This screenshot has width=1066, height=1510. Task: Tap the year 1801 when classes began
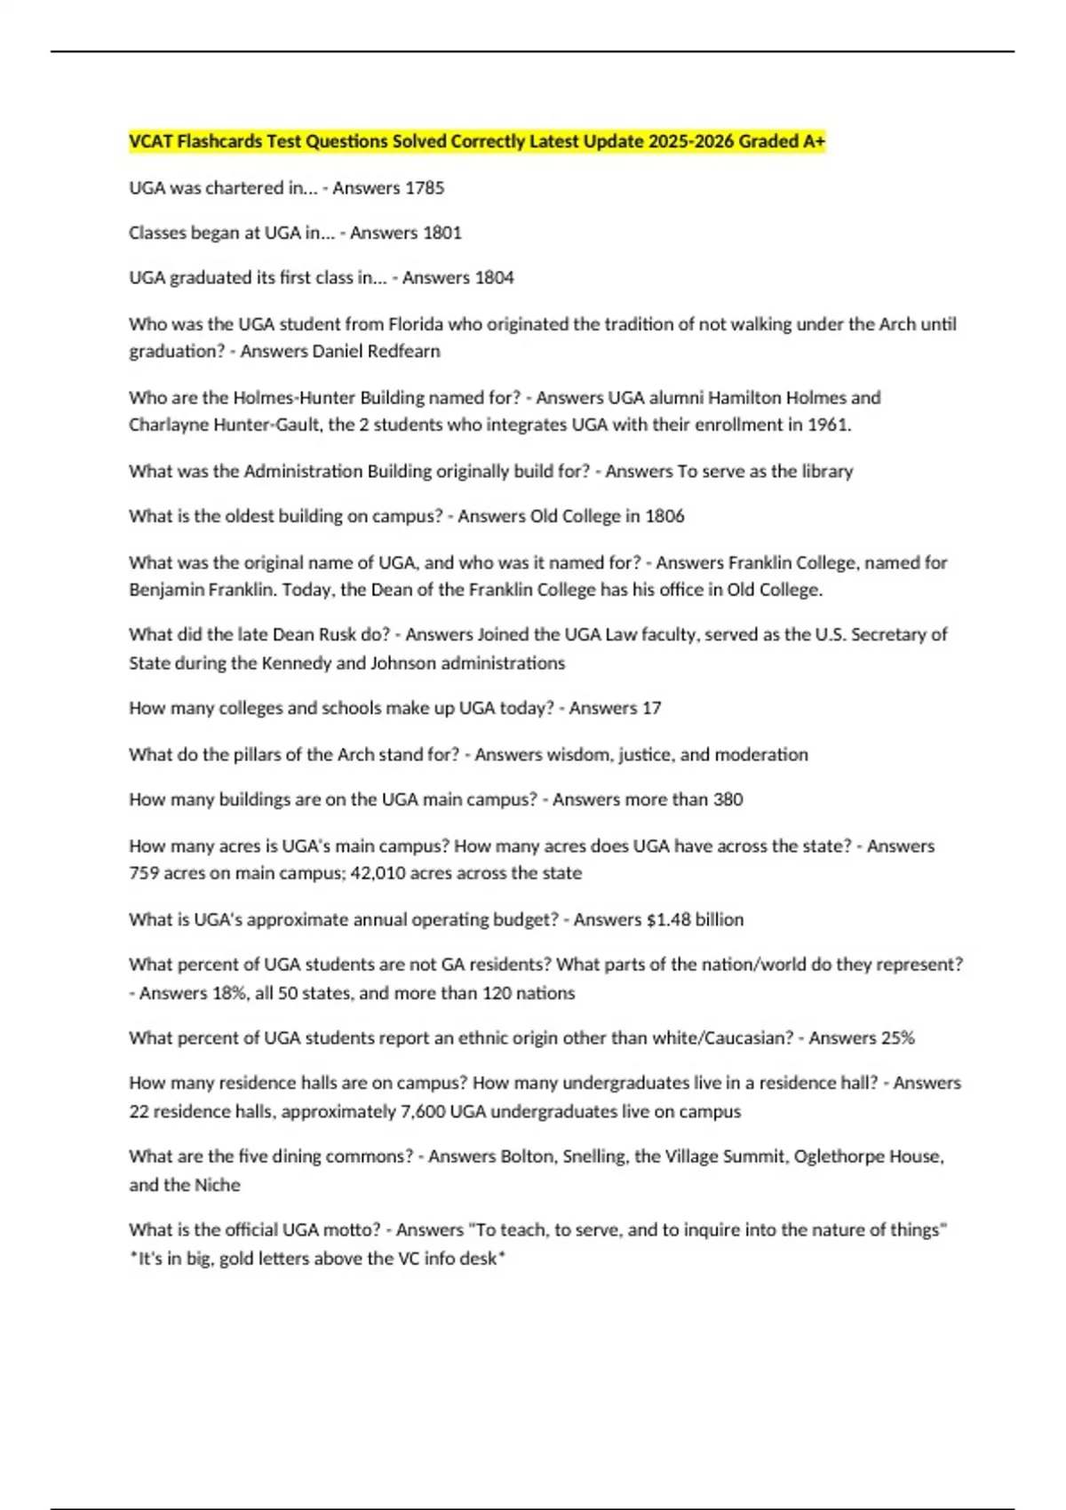tap(442, 233)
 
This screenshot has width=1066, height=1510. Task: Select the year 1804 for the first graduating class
tap(494, 278)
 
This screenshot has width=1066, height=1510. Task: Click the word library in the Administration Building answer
tap(827, 471)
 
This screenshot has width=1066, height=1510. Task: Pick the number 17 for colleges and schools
tap(651, 708)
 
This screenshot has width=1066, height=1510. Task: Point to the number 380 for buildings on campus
tap(728, 799)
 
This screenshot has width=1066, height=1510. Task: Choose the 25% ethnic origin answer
tap(897, 1037)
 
